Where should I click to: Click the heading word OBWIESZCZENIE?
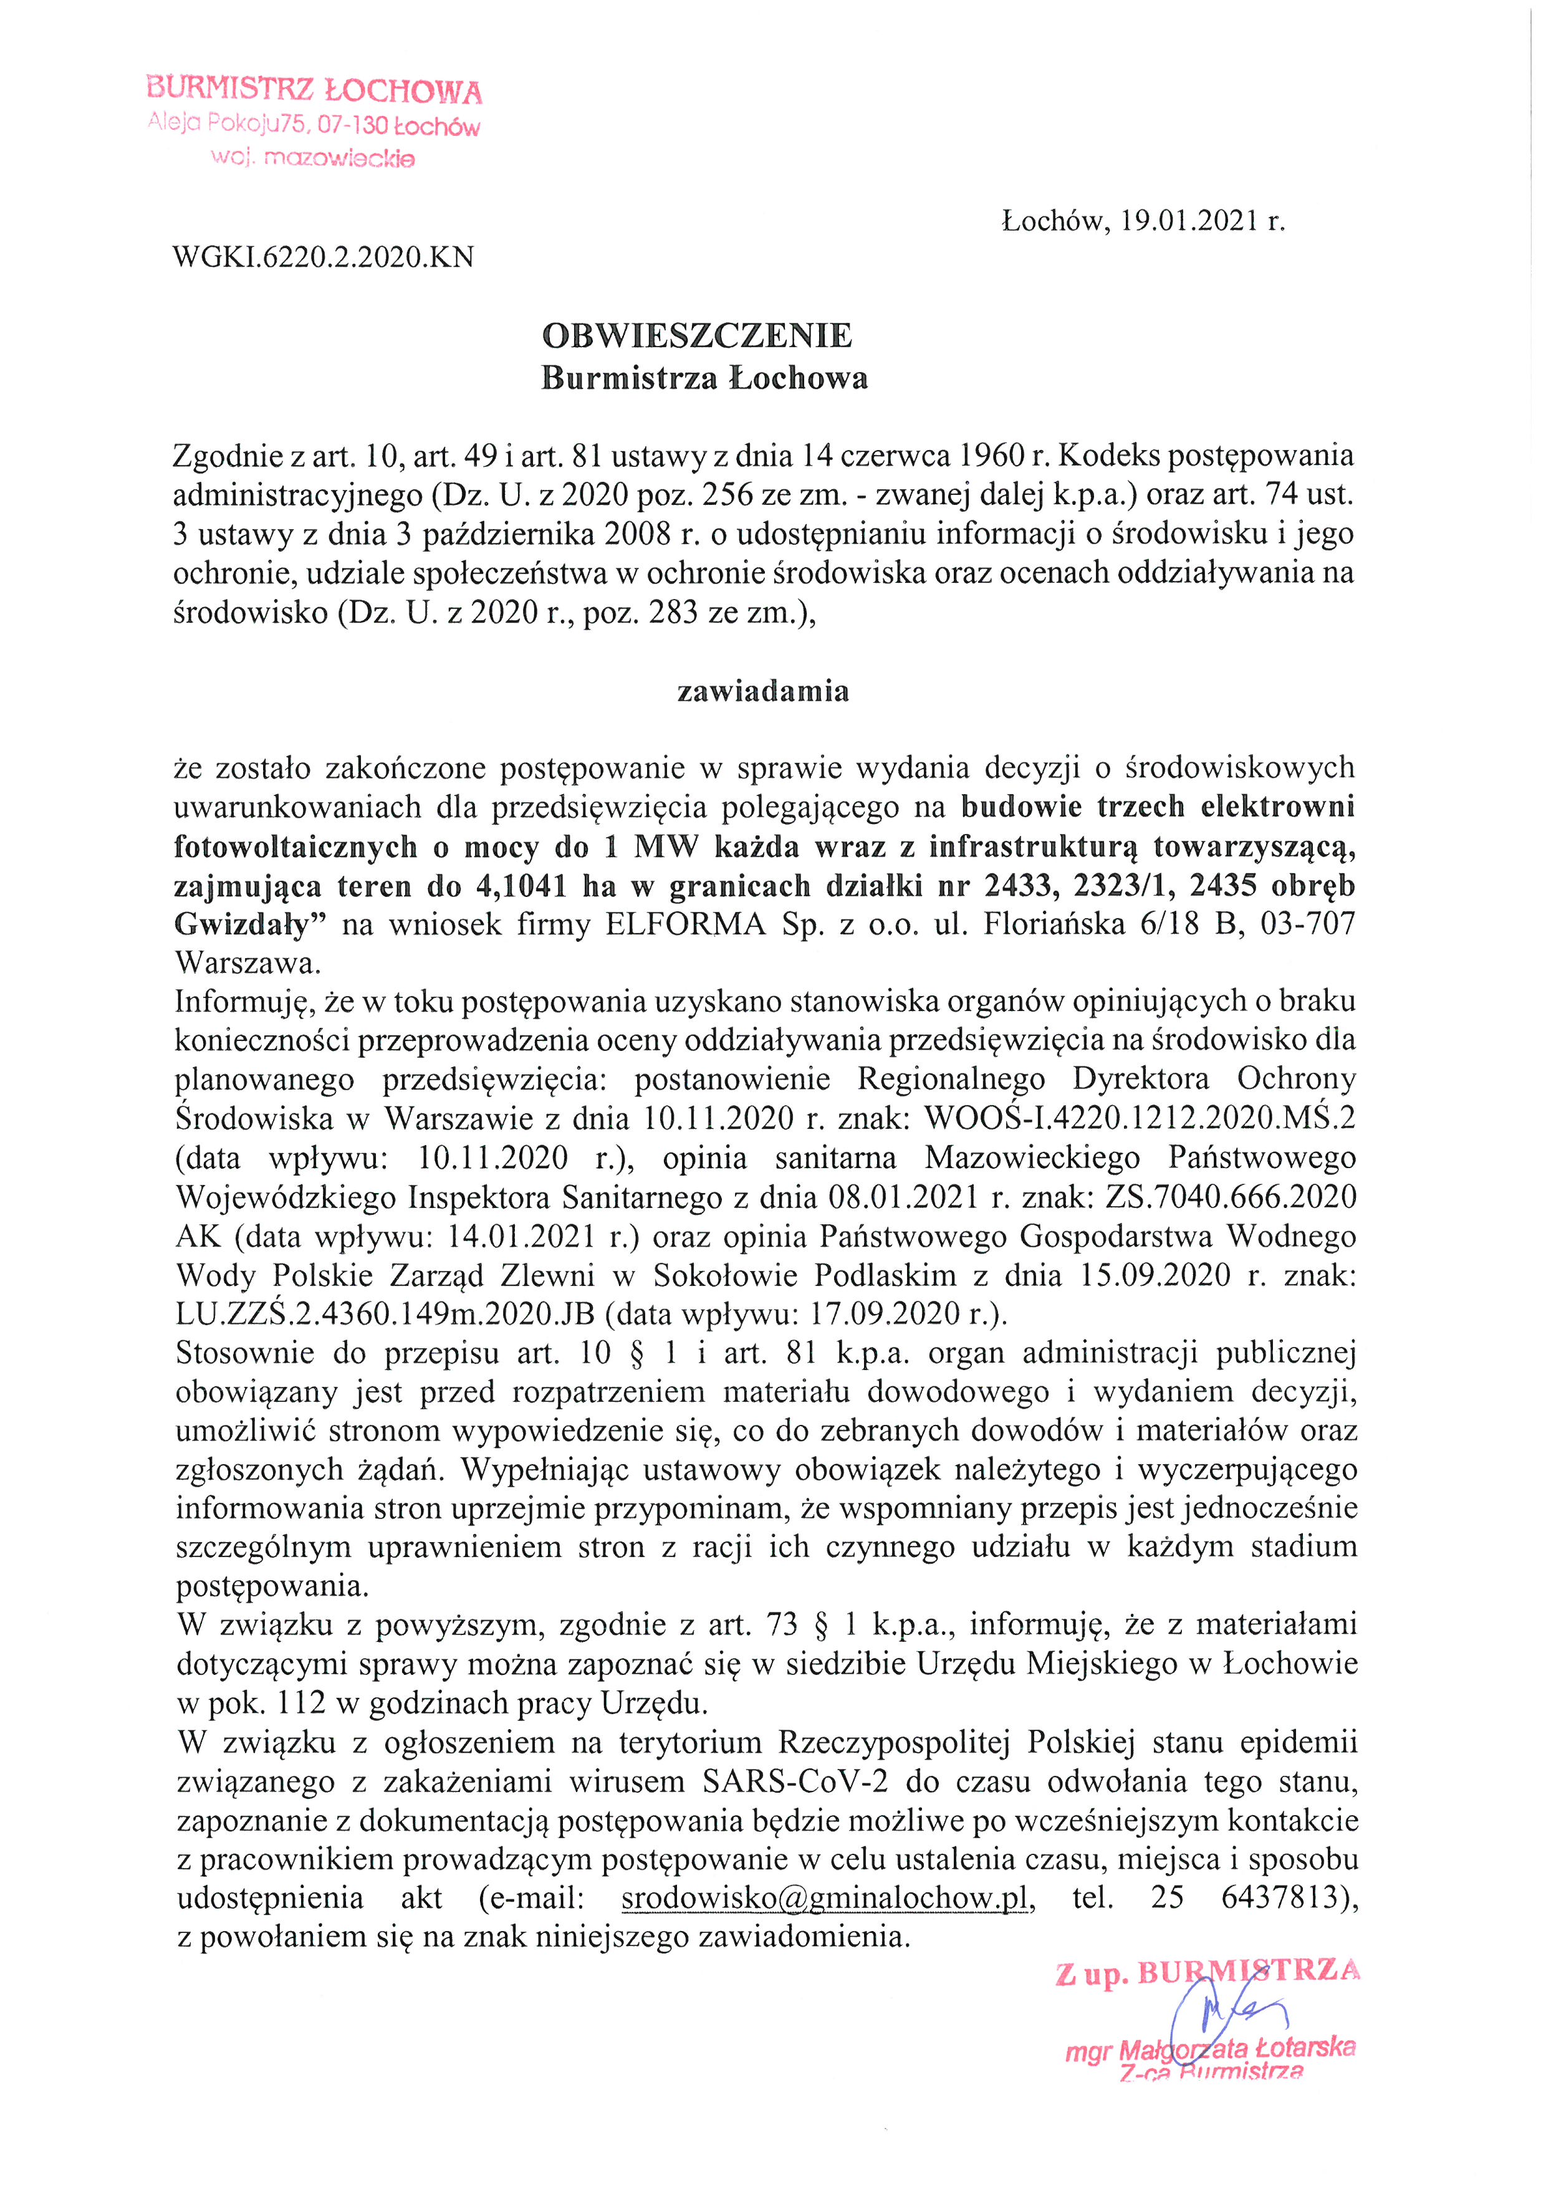point(697,336)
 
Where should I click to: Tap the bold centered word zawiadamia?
point(762,691)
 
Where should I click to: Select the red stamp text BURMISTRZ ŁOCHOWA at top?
point(314,90)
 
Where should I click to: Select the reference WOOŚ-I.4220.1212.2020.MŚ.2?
point(1140,1118)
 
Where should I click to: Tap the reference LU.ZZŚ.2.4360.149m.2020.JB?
point(385,1314)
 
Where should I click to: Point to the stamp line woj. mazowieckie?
point(312,158)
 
